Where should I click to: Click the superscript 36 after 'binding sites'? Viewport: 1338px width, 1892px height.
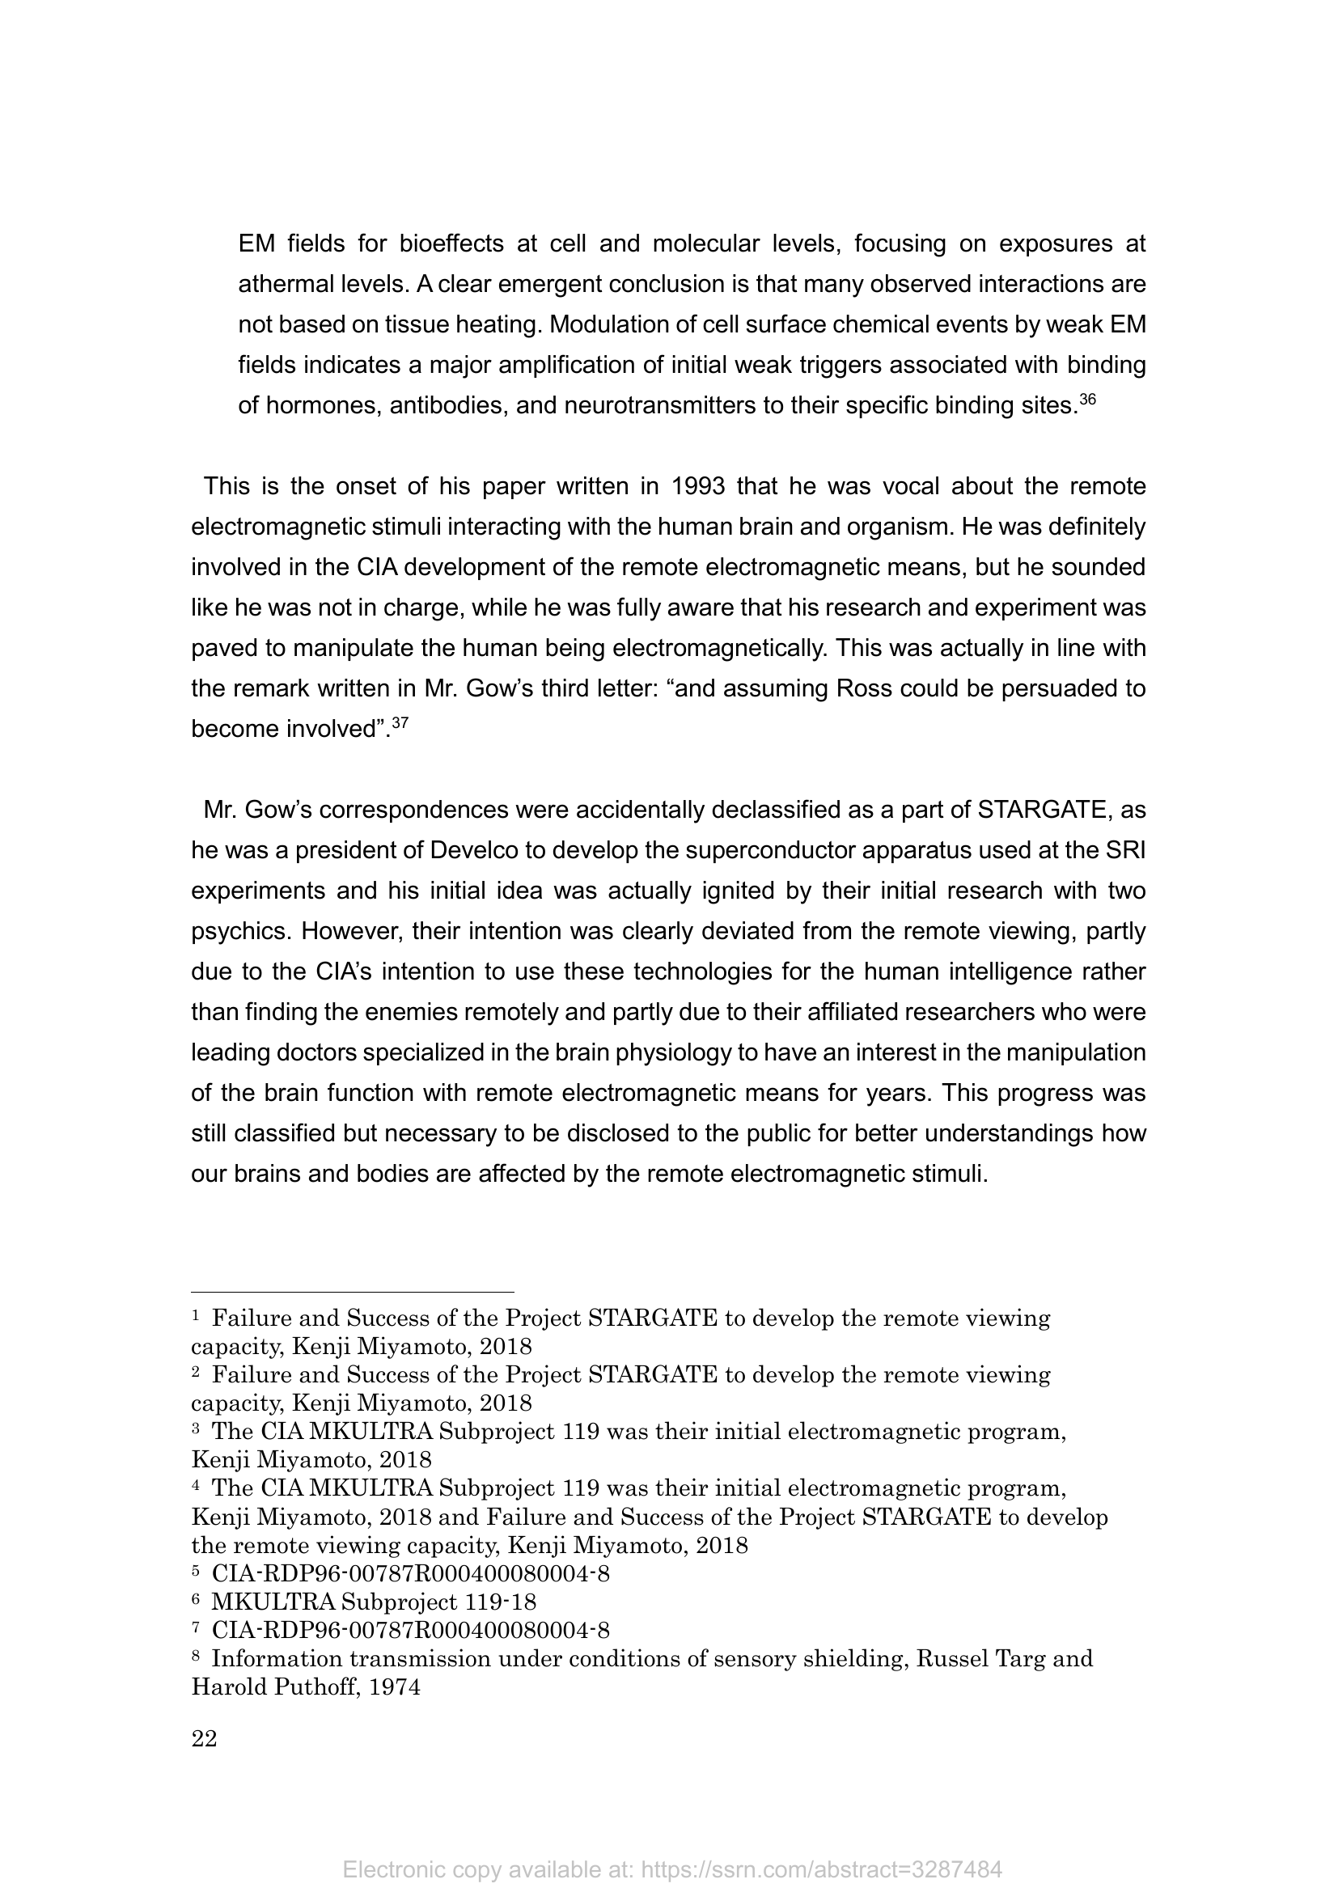click(1087, 400)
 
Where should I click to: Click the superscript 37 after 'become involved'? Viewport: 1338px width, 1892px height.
click(400, 723)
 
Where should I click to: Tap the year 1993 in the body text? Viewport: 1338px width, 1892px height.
click(698, 486)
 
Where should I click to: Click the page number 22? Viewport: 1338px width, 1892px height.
click(205, 1739)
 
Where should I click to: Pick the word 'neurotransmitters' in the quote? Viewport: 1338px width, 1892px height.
click(667, 405)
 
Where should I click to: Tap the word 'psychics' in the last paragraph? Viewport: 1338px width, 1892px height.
click(239, 931)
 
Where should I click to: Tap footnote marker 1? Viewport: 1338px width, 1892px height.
click(195, 1317)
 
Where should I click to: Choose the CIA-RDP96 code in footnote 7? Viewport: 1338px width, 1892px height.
click(410, 1630)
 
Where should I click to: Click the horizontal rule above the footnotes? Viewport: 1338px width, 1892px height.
click(353, 1292)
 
